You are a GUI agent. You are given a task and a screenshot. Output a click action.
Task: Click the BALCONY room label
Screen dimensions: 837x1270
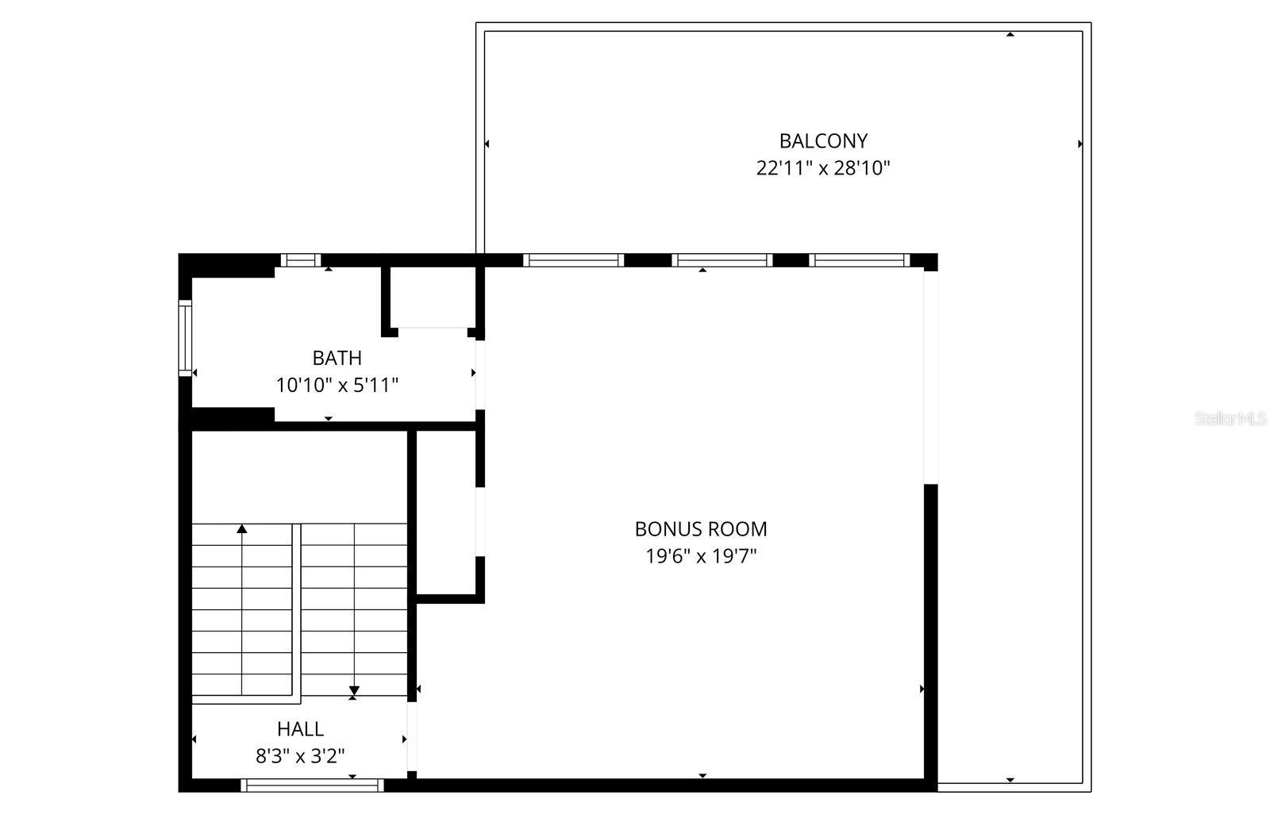(823, 141)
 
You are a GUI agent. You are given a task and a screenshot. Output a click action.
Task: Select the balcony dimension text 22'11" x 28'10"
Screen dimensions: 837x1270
(823, 168)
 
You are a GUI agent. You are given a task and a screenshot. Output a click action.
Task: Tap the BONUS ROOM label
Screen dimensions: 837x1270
(701, 529)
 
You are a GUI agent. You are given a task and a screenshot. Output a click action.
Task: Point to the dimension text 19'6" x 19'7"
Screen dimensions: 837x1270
(701, 556)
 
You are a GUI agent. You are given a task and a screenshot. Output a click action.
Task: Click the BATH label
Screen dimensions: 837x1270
(337, 358)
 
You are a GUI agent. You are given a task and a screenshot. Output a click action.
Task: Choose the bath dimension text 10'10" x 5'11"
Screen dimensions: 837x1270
(337, 386)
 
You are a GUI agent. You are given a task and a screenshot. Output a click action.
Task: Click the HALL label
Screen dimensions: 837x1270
(300, 729)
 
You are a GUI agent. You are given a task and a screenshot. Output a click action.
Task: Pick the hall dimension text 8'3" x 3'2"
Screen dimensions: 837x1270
(300, 756)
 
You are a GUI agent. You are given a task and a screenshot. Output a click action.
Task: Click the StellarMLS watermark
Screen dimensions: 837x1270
(1231, 419)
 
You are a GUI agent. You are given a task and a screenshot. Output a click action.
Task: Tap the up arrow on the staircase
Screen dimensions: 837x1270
(242, 529)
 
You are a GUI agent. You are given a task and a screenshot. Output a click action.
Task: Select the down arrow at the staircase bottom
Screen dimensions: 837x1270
(354, 690)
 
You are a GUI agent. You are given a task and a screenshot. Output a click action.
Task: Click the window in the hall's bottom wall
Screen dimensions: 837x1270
(312, 785)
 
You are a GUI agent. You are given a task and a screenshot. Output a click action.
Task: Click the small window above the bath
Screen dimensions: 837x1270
(301, 259)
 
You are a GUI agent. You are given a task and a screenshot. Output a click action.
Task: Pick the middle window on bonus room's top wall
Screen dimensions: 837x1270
(722, 259)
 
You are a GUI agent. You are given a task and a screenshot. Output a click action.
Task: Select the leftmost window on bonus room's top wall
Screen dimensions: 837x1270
(573, 259)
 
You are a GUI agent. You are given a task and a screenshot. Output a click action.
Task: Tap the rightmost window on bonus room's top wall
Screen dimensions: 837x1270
(859, 259)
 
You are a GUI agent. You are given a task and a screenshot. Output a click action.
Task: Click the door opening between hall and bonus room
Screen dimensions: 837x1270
(412, 736)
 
